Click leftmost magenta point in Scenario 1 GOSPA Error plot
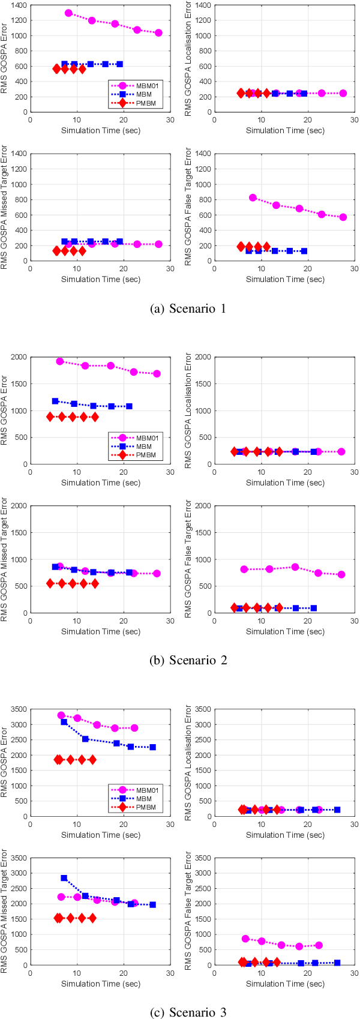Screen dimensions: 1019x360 [x=68, y=13]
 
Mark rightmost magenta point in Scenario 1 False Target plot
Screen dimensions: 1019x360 [x=343, y=217]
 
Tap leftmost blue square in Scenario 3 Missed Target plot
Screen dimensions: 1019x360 [x=64, y=878]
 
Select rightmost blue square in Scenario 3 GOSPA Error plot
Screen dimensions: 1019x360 [x=152, y=747]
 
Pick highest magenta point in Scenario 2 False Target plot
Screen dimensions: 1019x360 [x=295, y=567]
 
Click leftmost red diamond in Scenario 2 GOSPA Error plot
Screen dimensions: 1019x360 [x=51, y=416]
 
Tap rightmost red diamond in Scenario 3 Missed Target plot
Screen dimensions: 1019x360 [x=92, y=918]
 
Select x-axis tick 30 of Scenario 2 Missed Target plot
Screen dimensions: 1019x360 [x=170, y=621]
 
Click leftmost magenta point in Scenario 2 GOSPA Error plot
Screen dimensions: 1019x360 [x=60, y=361]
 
